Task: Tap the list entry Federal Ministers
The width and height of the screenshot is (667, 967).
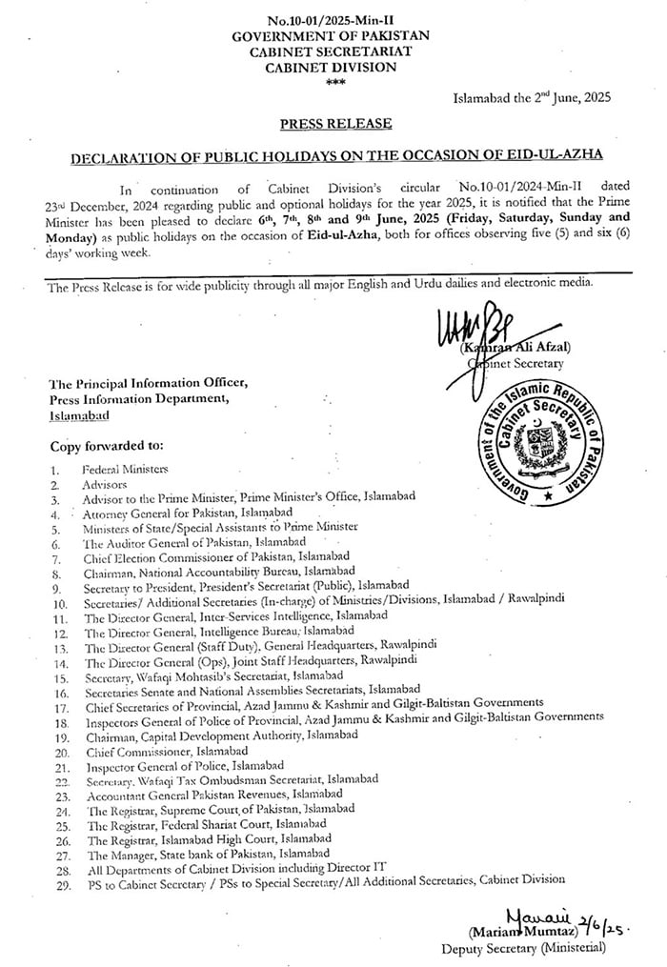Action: click(124, 470)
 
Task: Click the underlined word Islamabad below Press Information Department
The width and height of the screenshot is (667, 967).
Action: click(80, 415)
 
